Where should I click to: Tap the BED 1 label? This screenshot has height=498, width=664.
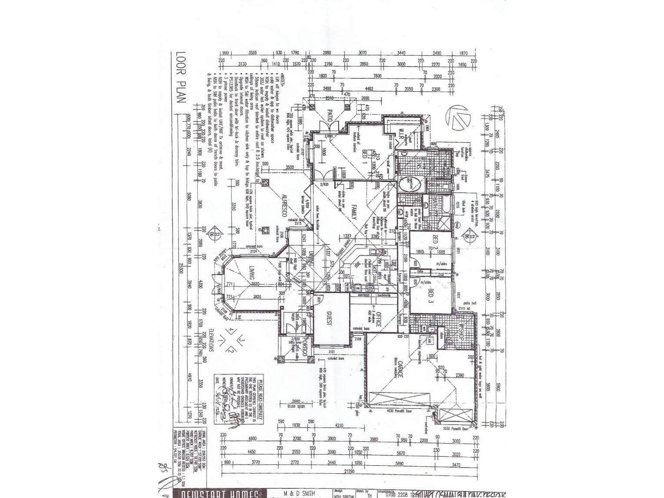point(365,154)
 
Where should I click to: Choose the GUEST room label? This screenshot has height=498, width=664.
point(329,321)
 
